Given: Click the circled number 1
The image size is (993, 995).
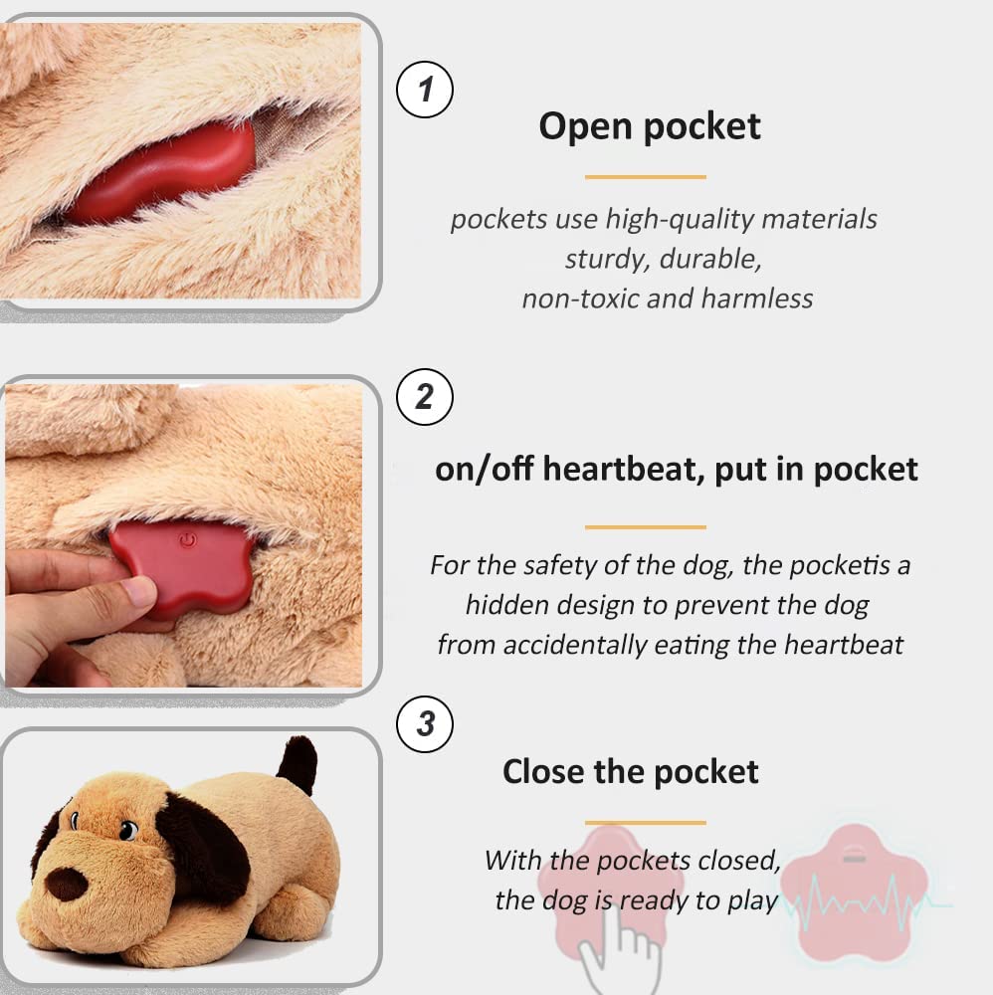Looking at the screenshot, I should (425, 91).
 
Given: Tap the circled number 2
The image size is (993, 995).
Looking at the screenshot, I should (425, 397).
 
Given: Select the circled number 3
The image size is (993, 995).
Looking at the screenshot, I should (425, 722).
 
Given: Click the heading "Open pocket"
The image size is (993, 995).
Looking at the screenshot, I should (649, 126).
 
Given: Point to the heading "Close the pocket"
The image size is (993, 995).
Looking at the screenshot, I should (630, 771).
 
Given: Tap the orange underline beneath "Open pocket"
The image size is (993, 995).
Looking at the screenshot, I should (645, 177).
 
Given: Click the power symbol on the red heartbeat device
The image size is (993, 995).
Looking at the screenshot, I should (186, 542).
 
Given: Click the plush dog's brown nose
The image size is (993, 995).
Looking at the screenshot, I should (68, 883).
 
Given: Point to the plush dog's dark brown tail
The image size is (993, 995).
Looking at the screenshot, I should (297, 764).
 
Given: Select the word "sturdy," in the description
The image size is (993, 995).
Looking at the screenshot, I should (603, 259).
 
